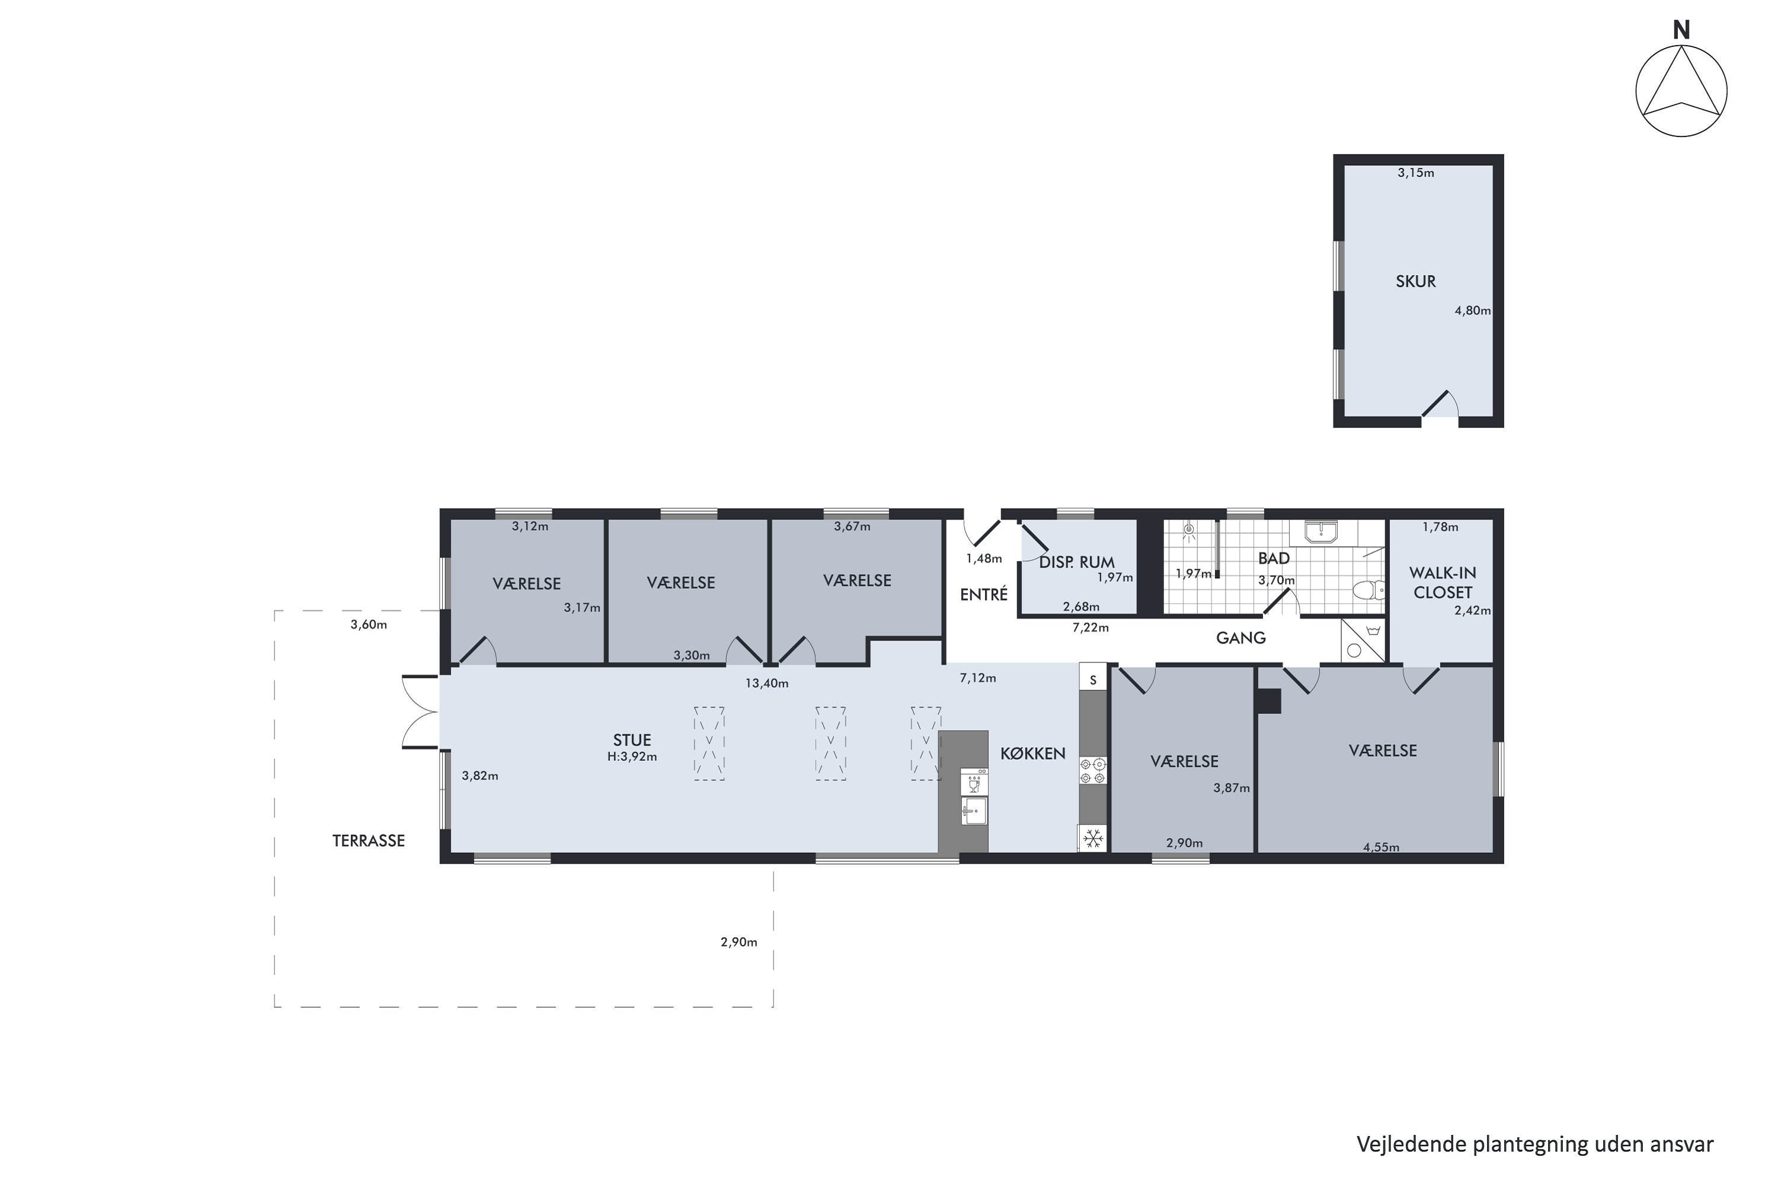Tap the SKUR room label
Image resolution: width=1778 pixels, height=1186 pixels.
click(1415, 281)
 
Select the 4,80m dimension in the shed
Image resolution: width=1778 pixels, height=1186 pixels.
click(1473, 310)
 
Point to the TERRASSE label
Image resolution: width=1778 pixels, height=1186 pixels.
click(368, 840)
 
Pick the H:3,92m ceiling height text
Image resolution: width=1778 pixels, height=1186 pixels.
click(632, 757)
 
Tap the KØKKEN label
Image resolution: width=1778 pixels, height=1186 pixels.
click(1032, 753)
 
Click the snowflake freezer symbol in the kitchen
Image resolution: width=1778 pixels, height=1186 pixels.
click(1092, 838)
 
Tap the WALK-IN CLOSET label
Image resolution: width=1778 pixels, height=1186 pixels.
click(1443, 583)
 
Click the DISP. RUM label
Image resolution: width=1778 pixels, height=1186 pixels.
click(1076, 563)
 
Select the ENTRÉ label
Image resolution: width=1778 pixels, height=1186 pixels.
click(983, 595)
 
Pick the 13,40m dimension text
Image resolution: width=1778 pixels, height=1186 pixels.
click(766, 684)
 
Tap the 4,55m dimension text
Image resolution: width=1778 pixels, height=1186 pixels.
click(1380, 847)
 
